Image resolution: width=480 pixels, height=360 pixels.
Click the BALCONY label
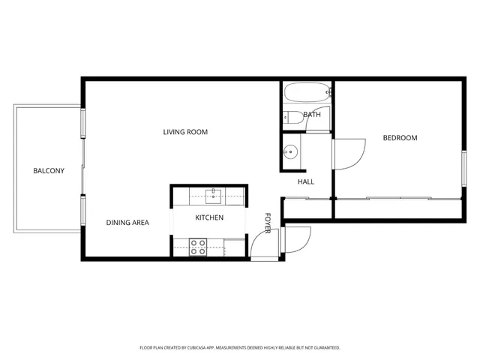[x=48, y=171]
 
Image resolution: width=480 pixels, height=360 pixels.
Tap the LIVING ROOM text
[x=185, y=132]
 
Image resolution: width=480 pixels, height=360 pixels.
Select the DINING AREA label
[x=127, y=222]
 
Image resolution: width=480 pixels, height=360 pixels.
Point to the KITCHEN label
[x=209, y=217]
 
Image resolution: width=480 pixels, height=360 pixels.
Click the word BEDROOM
[x=400, y=138]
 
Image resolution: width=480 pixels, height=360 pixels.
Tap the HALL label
[x=306, y=181]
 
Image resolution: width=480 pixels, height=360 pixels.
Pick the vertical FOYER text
[x=267, y=222]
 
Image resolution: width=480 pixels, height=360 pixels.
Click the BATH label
[x=312, y=115]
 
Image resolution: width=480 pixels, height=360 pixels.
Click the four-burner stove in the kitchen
[x=198, y=247]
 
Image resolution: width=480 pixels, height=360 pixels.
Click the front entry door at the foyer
[x=262, y=246]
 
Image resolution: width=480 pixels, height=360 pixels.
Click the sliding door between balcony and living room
[x=82, y=171]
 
